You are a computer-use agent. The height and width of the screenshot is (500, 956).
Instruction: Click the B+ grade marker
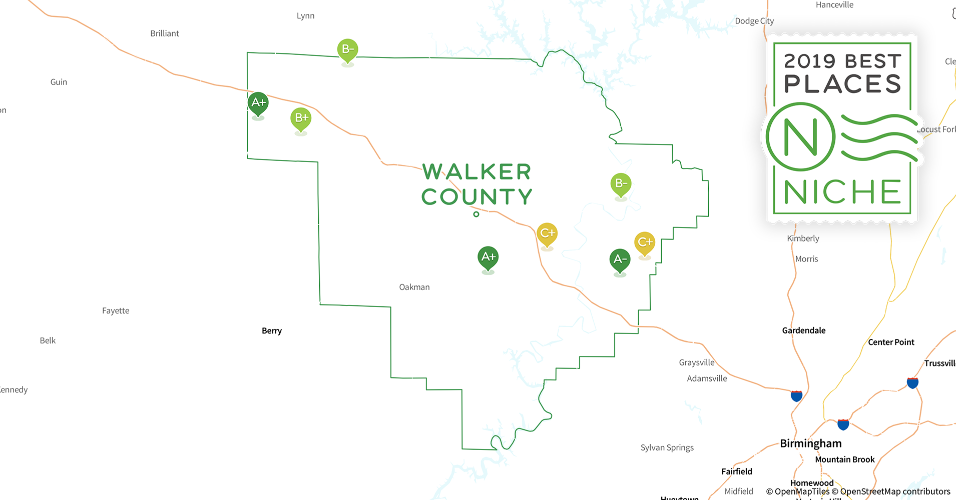[x=301, y=118]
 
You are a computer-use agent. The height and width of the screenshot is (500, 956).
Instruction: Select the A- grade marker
[x=620, y=259]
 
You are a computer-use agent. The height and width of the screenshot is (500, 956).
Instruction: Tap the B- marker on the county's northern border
[x=347, y=49]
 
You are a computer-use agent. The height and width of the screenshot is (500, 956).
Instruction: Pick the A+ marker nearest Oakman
[x=488, y=257]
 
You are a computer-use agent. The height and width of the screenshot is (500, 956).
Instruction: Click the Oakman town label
[x=414, y=287]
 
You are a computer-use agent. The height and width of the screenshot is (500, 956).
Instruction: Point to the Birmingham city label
[x=810, y=443]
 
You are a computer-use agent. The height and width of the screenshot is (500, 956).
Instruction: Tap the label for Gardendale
[x=803, y=330]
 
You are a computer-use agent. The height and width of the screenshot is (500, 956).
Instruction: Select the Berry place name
[x=272, y=330]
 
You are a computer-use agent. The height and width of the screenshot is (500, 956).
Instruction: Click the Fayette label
[x=116, y=310]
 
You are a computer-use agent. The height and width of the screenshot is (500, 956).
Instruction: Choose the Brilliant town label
[x=165, y=33]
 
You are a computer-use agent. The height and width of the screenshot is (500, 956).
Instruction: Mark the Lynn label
[x=305, y=16]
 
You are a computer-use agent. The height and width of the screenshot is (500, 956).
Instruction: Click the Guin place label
[x=59, y=82]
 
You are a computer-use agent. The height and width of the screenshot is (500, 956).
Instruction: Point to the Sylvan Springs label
[x=667, y=447]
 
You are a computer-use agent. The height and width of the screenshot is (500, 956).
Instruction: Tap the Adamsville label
[x=707, y=378]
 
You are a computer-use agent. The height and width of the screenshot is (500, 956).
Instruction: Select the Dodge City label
[x=754, y=21]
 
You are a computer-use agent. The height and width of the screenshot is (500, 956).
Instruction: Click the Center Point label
[x=891, y=342]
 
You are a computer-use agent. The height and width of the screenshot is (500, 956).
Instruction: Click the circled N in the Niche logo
[x=800, y=136]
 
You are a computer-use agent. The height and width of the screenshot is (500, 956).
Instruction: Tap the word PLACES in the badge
[x=842, y=84]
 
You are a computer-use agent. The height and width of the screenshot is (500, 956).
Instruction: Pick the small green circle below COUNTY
[x=476, y=214]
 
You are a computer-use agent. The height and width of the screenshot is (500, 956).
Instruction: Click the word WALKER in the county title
[x=476, y=172]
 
